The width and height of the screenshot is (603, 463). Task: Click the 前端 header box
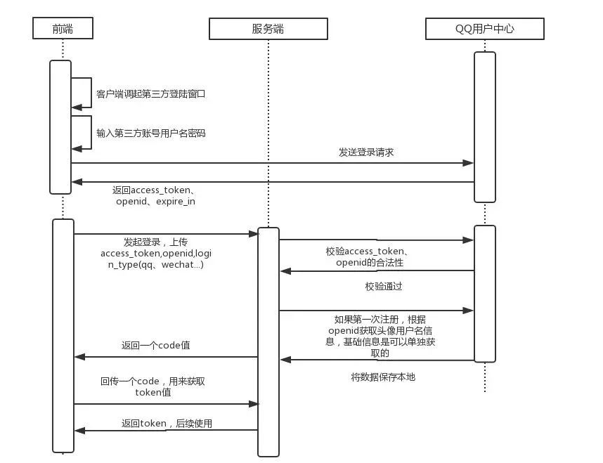click(63, 28)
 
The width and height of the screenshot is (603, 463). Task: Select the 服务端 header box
click(267, 28)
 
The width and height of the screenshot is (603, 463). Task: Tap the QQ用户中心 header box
click(485, 28)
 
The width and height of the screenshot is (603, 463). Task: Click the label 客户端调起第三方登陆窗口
click(150, 93)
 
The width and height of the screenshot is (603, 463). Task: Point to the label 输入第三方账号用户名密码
click(150, 133)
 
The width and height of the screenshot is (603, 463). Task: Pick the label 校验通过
click(384, 287)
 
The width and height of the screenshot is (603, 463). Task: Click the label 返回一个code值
click(155, 346)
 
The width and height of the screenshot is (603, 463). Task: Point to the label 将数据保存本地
click(383, 377)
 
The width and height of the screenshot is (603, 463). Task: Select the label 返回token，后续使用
click(167, 423)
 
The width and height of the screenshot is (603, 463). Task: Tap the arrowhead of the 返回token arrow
click(79, 430)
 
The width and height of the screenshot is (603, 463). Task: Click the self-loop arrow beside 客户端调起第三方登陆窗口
click(87, 93)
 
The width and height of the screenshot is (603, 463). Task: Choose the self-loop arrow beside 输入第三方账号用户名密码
click(87, 132)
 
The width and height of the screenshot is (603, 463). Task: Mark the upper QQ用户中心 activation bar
click(485, 126)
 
